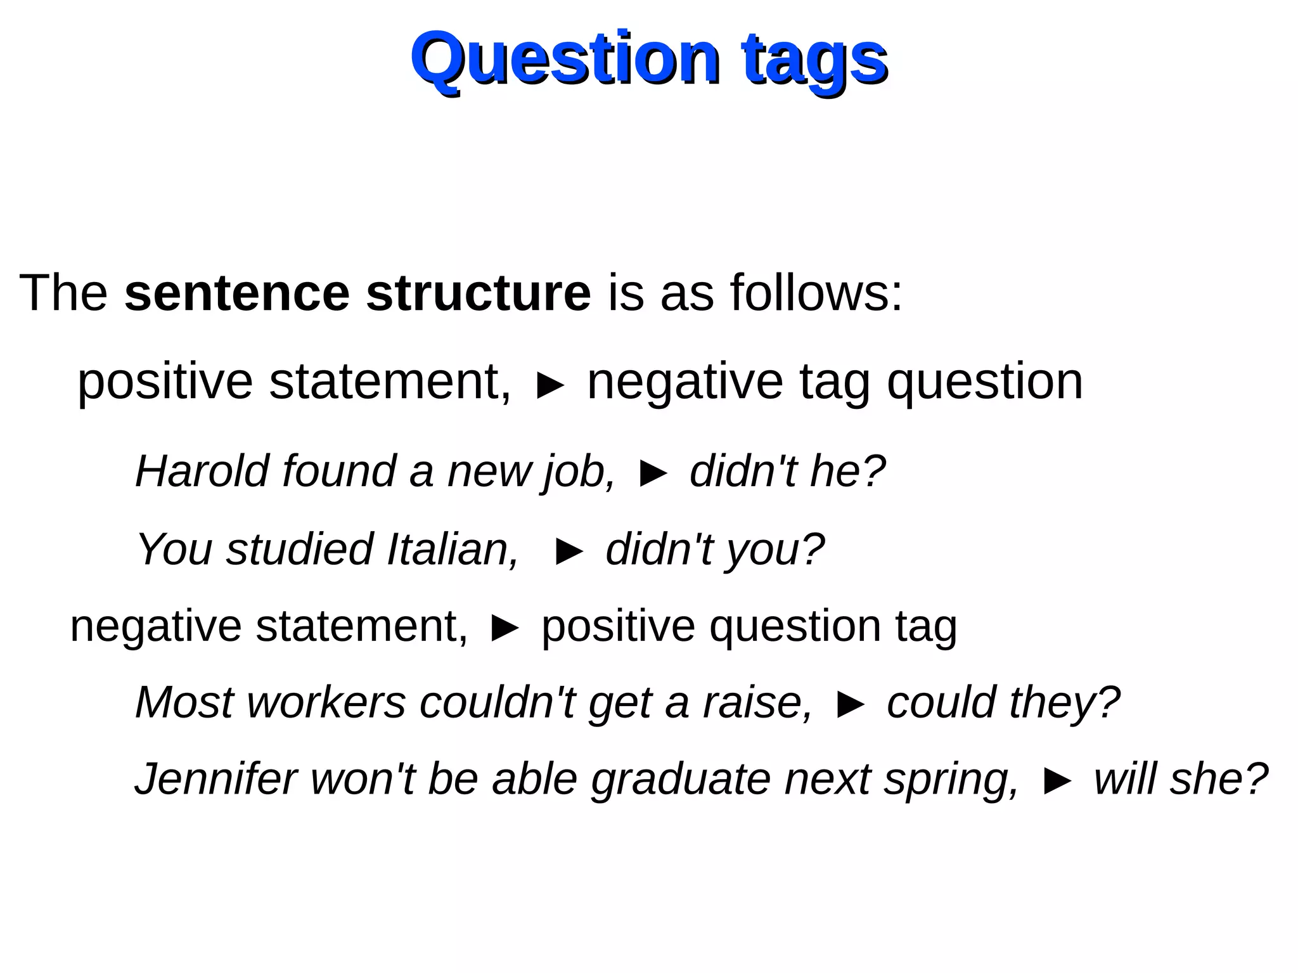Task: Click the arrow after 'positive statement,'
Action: click(549, 385)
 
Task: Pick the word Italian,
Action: click(453, 549)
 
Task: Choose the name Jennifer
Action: click(215, 779)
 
